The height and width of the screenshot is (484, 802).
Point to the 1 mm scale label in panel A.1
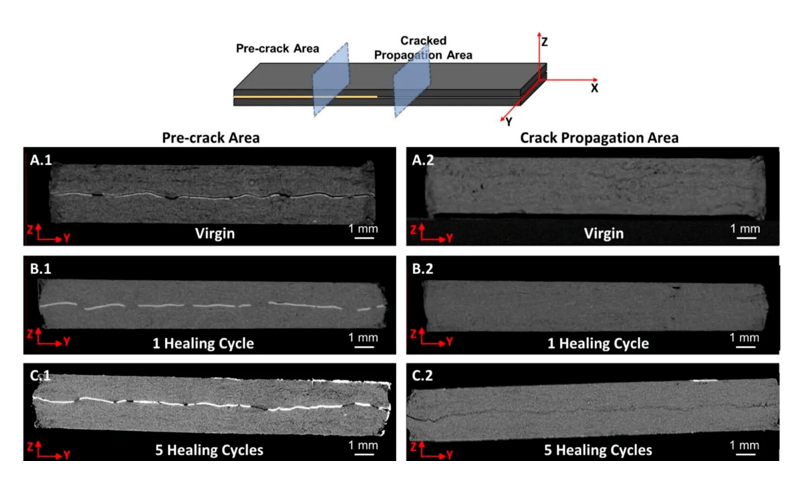[364, 228]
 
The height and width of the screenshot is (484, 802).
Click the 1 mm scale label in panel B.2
[744, 338]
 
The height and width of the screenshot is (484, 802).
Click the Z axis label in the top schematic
[545, 41]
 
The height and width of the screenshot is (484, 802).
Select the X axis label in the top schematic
[595, 89]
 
